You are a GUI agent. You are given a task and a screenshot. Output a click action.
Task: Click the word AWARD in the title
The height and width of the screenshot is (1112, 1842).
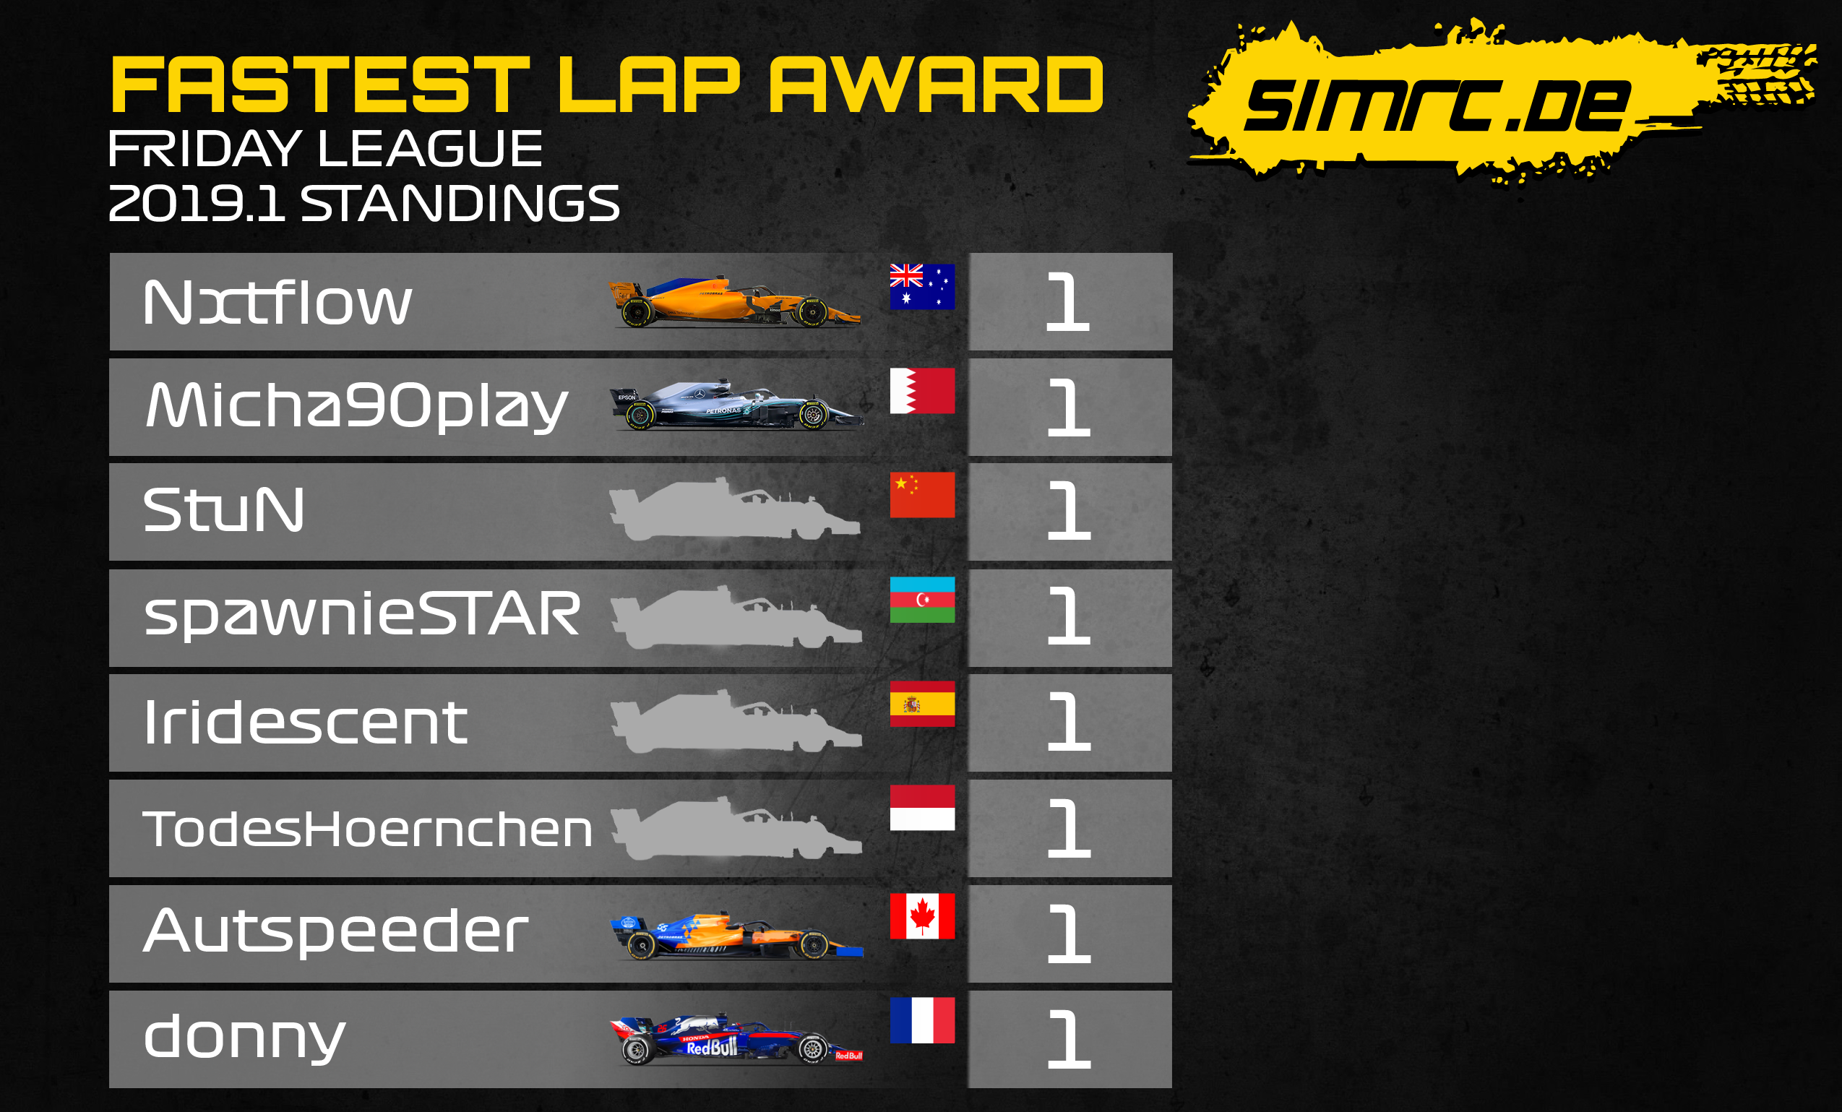coord(937,85)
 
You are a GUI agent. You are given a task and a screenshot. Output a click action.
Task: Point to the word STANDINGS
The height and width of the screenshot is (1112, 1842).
coord(460,203)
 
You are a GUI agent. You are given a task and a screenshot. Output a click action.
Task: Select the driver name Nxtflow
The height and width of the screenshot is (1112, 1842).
coord(277,303)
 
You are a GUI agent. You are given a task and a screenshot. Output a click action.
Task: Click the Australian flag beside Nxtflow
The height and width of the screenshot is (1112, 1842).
coord(923,286)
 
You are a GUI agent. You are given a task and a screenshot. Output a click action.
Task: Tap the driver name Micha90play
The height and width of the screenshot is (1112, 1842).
coord(356,407)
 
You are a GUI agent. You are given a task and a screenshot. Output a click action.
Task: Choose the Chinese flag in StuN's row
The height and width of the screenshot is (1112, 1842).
coord(923,495)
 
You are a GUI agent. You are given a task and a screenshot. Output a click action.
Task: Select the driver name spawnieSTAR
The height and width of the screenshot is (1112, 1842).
coord(362,615)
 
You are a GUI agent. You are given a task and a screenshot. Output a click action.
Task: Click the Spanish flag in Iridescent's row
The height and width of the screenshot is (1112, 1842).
coord(923,704)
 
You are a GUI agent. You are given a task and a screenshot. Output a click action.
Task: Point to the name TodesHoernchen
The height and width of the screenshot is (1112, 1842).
coord(368,829)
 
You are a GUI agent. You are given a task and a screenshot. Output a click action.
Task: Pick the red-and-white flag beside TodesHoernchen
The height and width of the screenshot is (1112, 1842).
coord(923,808)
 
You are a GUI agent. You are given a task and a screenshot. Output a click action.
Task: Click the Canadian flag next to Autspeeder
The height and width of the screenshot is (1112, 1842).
coord(923,916)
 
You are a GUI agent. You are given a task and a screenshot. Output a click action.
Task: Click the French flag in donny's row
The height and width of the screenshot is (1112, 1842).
coord(923,1020)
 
